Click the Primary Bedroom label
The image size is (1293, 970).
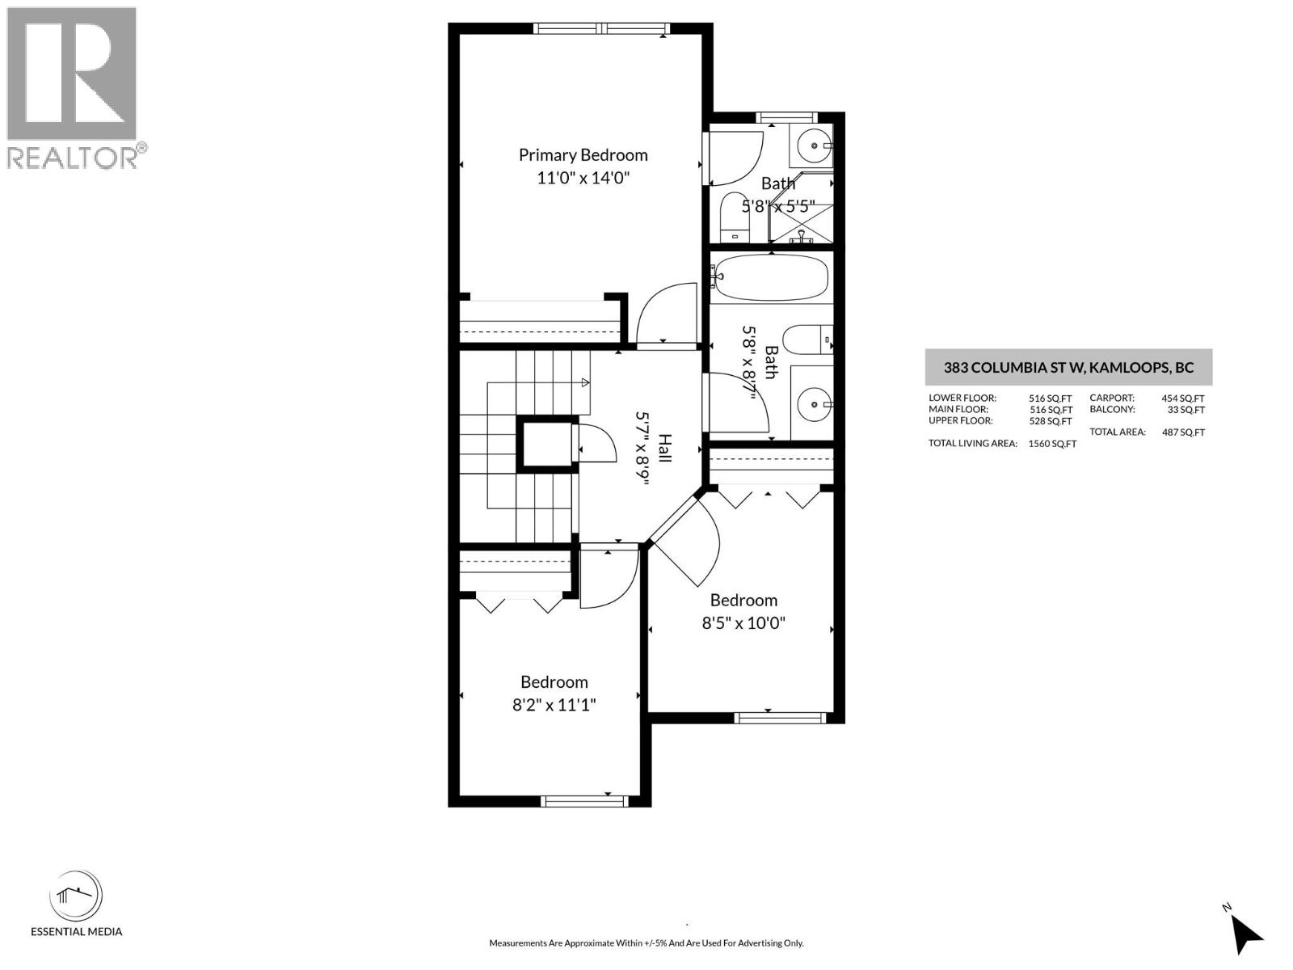tap(583, 154)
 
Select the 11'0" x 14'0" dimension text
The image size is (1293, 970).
tap(583, 178)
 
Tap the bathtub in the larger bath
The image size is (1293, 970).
tap(772, 277)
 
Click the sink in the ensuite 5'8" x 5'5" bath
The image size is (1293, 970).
tap(814, 146)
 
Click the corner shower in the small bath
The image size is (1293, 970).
tap(800, 209)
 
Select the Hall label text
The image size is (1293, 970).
tap(664, 448)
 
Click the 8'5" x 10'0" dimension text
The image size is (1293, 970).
tap(743, 623)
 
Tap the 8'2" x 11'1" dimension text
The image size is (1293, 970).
tap(554, 705)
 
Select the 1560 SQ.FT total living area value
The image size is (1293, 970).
tap(1051, 444)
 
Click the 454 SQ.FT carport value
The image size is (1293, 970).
tap(1182, 399)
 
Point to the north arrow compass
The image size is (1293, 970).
tap(1245, 934)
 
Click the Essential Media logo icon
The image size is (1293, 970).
tap(76, 896)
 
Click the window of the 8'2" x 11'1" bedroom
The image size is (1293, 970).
tap(583, 800)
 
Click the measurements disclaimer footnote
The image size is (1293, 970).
tap(646, 943)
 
